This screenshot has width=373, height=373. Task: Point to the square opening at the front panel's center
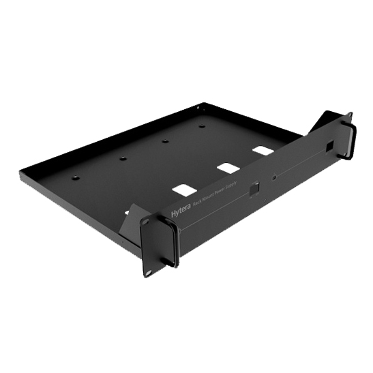[x=254, y=189]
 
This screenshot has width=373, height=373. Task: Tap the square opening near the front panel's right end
[x=330, y=147]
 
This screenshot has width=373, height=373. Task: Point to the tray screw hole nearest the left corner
[x=76, y=178]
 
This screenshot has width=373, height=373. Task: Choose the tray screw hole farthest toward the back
[x=202, y=125]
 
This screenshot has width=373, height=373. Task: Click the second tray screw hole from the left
[x=123, y=158]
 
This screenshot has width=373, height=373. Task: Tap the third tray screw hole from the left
[x=165, y=141]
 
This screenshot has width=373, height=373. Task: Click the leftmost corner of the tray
[x=20, y=173]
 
